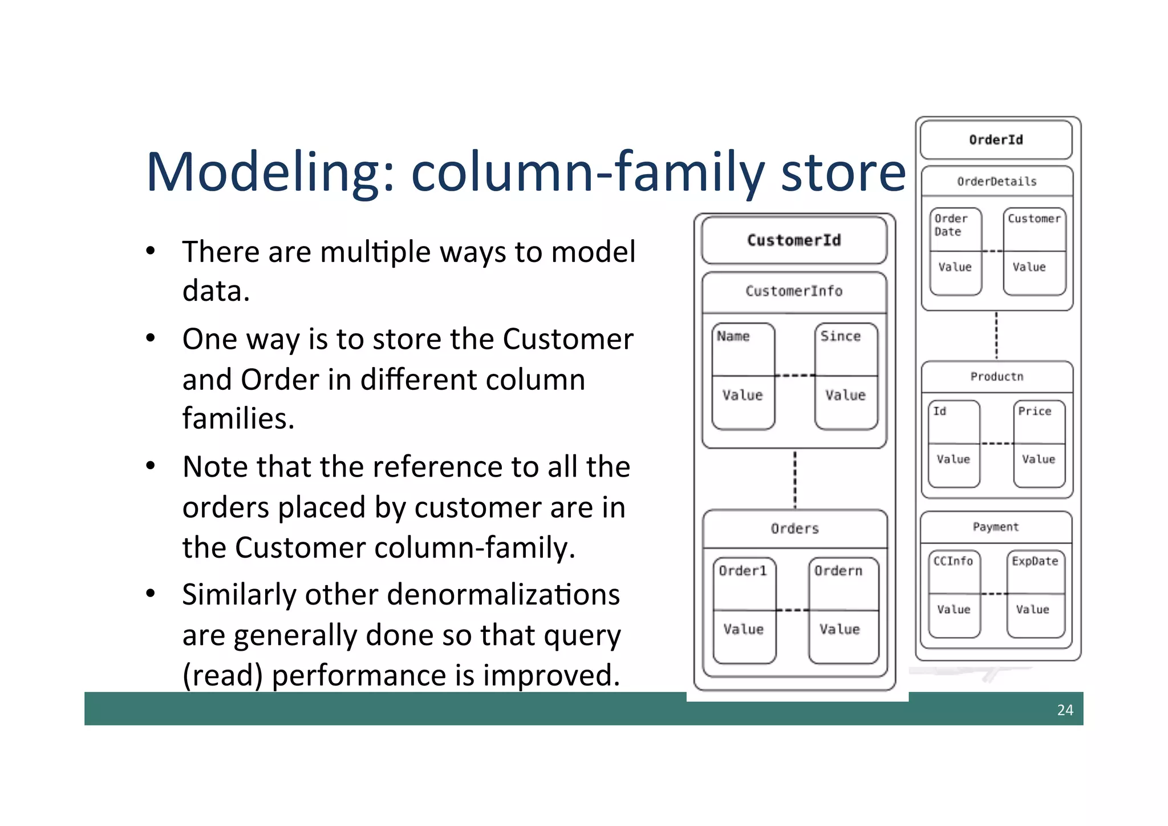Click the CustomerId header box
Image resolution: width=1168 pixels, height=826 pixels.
(x=794, y=240)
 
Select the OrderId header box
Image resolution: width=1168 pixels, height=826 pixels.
(x=996, y=140)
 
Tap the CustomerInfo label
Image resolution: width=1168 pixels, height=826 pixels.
(x=794, y=291)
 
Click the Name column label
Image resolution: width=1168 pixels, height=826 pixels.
(x=733, y=336)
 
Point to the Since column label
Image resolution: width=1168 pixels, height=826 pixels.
(x=840, y=336)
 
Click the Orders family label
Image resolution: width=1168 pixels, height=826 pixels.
(x=794, y=529)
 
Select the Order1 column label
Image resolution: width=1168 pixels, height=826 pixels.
(x=743, y=571)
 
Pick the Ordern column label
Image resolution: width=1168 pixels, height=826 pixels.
(x=838, y=571)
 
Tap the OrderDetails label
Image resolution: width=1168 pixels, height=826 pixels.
(x=996, y=182)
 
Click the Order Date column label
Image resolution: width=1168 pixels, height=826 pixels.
(x=950, y=225)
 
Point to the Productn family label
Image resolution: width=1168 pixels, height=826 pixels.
(x=996, y=377)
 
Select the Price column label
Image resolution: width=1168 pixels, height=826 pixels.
(x=1035, y=411)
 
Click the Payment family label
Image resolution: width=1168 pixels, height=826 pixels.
(x=996, y=527)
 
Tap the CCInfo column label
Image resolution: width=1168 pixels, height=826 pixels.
(x=953, y=561)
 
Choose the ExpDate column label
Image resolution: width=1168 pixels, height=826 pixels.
(x=1035, y=561)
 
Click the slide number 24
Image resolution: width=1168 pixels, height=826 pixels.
(x=1065, y=710)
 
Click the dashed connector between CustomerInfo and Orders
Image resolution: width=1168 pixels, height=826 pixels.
(x=794, y=480)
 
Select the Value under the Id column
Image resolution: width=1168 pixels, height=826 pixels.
(x=953, y=459)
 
